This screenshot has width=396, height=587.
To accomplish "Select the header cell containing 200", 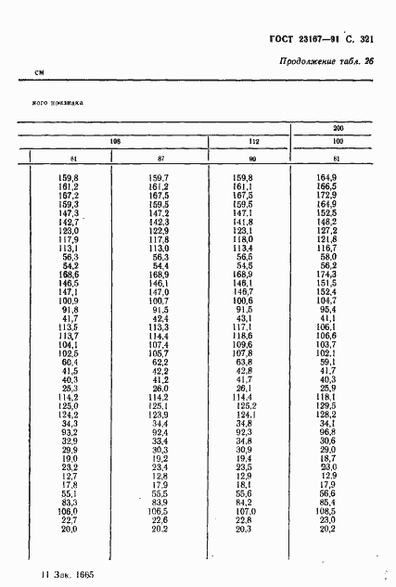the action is pyautogui.click(x=339, y=127).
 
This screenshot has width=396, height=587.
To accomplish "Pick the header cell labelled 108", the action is pyautogui.click(x=116, y=142).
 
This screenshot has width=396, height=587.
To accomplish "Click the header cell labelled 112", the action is pyautogui.click(x=249, y=142).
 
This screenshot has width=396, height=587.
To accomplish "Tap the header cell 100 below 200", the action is pyautogui.click(x=339, y=141).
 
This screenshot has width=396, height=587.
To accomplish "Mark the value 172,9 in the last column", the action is pyautogui.click(x=326, y=195).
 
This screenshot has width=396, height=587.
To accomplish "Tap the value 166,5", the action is pyautogui.click(x=326, y=186).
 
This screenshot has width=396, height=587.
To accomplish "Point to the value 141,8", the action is pyautogui.click(x=243, y=222).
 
